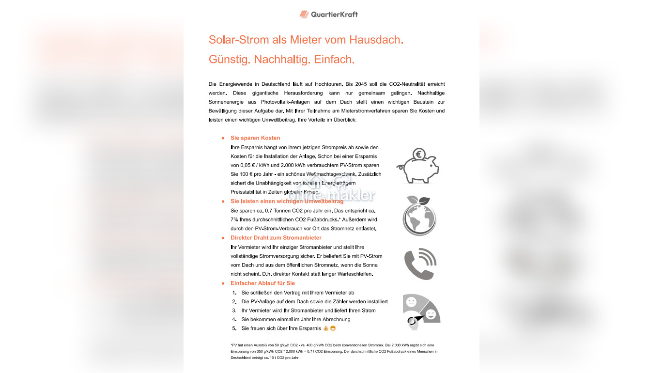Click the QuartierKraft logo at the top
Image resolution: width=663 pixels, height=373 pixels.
coord(329,14)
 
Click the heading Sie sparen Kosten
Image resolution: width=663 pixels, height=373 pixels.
coord(255,138)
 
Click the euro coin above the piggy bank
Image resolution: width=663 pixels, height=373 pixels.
coord(419,155)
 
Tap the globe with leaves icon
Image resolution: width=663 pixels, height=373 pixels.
coord(419,216)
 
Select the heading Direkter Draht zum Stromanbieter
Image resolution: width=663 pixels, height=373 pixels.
coord(276,238)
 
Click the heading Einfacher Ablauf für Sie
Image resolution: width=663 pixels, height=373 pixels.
coord(262,283)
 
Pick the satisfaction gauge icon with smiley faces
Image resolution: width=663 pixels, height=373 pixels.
coord(421,311)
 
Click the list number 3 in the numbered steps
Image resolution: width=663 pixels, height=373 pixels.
coord(234,311)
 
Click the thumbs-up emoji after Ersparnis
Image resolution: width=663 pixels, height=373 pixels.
coord(325,328)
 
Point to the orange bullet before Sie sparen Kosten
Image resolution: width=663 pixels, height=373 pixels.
coord(223,139)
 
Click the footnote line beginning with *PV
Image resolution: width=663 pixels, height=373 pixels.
coord(334,345)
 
